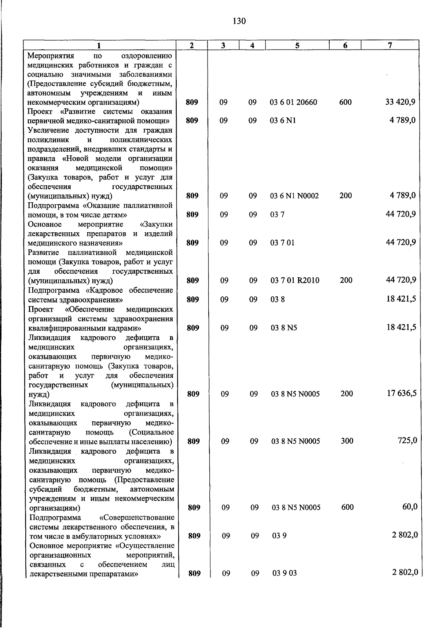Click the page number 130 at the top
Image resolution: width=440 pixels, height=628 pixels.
click(x=239, y=21)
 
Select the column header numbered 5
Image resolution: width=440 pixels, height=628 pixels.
click(x=297, y=45)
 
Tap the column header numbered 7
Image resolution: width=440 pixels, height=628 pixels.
click(x=390, y=45)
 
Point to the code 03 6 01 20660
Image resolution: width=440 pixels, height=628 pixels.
click(x=293, y=102)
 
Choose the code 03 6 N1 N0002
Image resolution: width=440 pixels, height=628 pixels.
click(x=294, y=196)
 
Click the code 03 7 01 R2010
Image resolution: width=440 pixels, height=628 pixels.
click(x=295, y=280)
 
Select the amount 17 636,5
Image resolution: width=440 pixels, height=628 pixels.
click(x=401, y=394)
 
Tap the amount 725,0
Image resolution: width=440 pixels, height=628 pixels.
click(x=407, y=440)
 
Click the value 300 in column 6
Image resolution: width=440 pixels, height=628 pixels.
click(x=347, y=441)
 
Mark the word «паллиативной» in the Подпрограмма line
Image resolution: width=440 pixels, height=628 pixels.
click(x=152, y=205)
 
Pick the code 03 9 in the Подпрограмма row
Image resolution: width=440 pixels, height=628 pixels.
click(x=279, y=536)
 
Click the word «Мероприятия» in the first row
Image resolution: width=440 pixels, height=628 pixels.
click(x=51, y=56)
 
